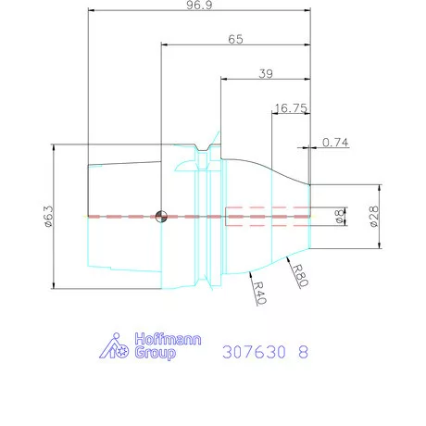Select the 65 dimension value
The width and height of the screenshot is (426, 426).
[236, 40]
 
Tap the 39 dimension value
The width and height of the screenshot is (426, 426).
[265, 74]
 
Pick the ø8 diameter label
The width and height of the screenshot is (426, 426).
[339, 215]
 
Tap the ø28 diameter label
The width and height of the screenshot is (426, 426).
[373, 215]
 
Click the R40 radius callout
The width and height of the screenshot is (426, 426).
[260, 294]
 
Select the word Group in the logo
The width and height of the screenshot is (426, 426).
[154, 354]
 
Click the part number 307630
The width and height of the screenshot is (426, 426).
[255, 353]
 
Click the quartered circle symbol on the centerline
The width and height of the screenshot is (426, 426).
[162, 218]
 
